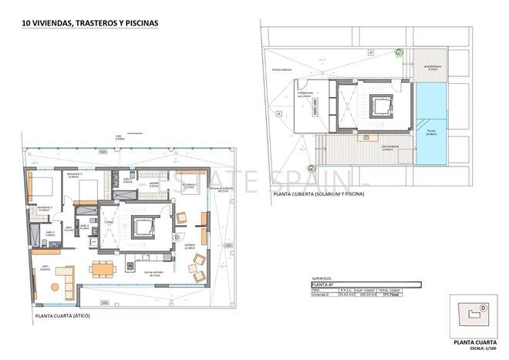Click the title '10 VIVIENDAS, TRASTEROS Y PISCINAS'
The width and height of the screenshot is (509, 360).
pos(90,23)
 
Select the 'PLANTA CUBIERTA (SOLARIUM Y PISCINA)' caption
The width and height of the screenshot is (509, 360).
pos(318,194)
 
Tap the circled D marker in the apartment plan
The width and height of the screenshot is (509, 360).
pos(177,237)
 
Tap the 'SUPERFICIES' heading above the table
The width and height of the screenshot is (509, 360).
pos(322,278)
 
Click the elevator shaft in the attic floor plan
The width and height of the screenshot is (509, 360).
pos(143,227)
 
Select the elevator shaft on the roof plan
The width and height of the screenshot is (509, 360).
pos(379,106)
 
